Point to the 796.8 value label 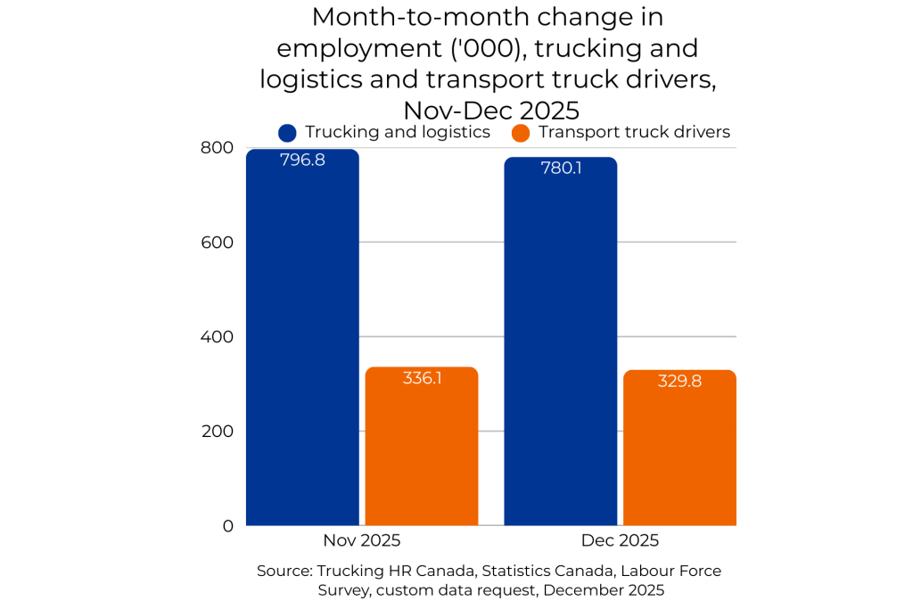[x=302, y=161]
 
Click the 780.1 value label [x=561, y=168]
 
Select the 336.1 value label [x=422, y=378]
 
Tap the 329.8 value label [x=679, y=381]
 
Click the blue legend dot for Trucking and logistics [x=287, y=133]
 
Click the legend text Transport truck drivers [x=634, y=132]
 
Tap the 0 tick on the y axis [x=228, y=526]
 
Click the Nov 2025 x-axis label [x=361, y=540]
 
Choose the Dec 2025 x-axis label [x=620, y=540]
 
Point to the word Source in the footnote [x=283, y=571]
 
